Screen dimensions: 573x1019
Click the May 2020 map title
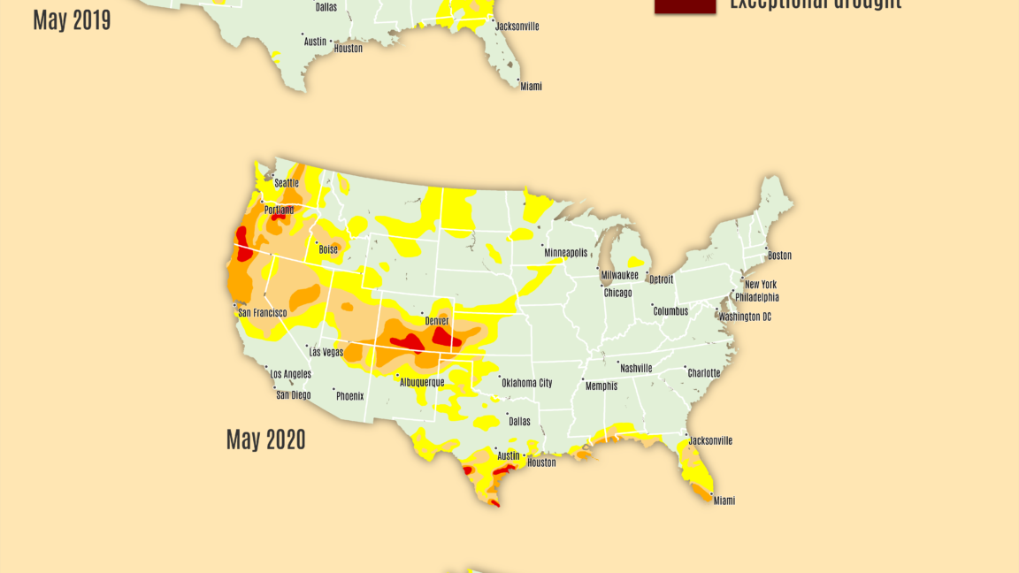(265, 439)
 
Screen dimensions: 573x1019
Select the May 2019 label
(72, 20)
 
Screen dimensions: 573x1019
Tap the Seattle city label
(287, 183)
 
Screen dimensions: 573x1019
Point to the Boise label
(328, 250)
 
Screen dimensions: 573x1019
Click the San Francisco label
(263, 313)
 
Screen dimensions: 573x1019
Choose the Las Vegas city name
(327, 352)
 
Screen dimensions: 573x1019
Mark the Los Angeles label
(290, 374)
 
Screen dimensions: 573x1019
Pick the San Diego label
(293, 395)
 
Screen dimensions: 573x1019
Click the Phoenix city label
(349, 396)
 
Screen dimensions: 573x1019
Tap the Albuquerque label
(422, 382)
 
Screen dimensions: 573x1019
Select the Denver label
(437, 321)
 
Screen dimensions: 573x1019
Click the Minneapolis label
(565, 253)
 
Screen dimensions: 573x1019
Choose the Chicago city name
(617, 293)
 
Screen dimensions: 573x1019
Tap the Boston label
(779, 256)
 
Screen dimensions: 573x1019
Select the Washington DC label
(745, 317)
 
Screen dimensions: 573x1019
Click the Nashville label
(636, 368)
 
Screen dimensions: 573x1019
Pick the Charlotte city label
(704, 373)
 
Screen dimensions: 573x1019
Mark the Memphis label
(601, 386)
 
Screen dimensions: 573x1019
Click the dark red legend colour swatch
(685, 5)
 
